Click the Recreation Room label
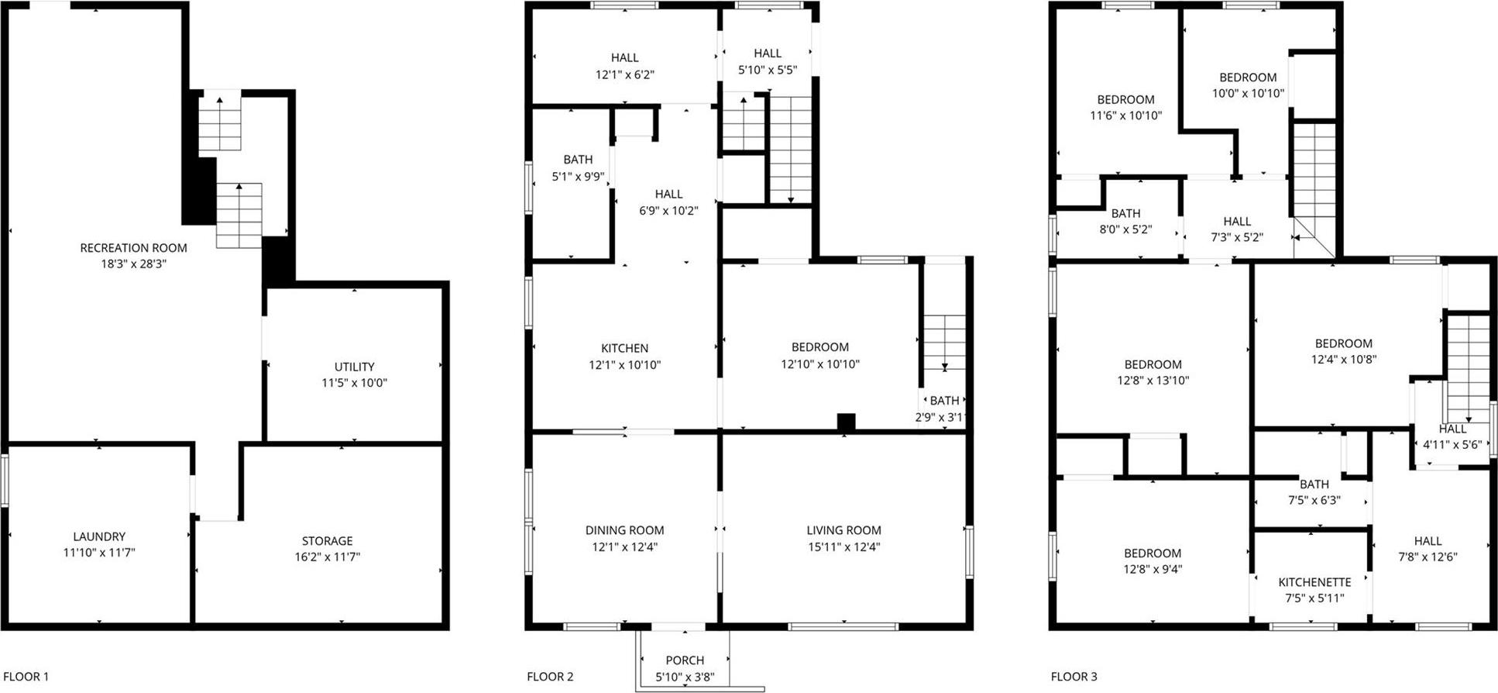click(x=133, y=248)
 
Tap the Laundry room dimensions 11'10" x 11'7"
click(x=99, y=553)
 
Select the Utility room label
click(x=354, y=367)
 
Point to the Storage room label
click(x=327, y=541)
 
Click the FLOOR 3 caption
click(x=1074, y=677)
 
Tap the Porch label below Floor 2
click(x=685, y=660)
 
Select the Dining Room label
click(x=624, y=530)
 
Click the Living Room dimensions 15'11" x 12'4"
click(x=843, y=546)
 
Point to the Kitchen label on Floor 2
click(x=624, y=348)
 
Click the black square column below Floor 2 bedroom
click(x=846, y=422)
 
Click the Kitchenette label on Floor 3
click(x=1314, y=582)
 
